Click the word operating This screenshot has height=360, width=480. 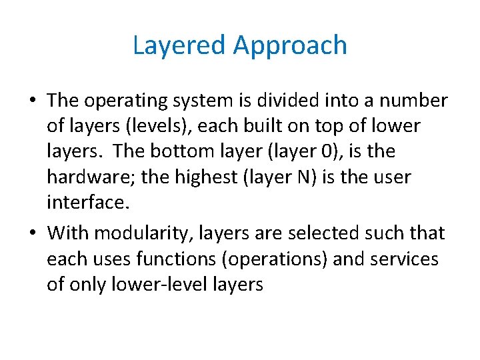133,101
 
